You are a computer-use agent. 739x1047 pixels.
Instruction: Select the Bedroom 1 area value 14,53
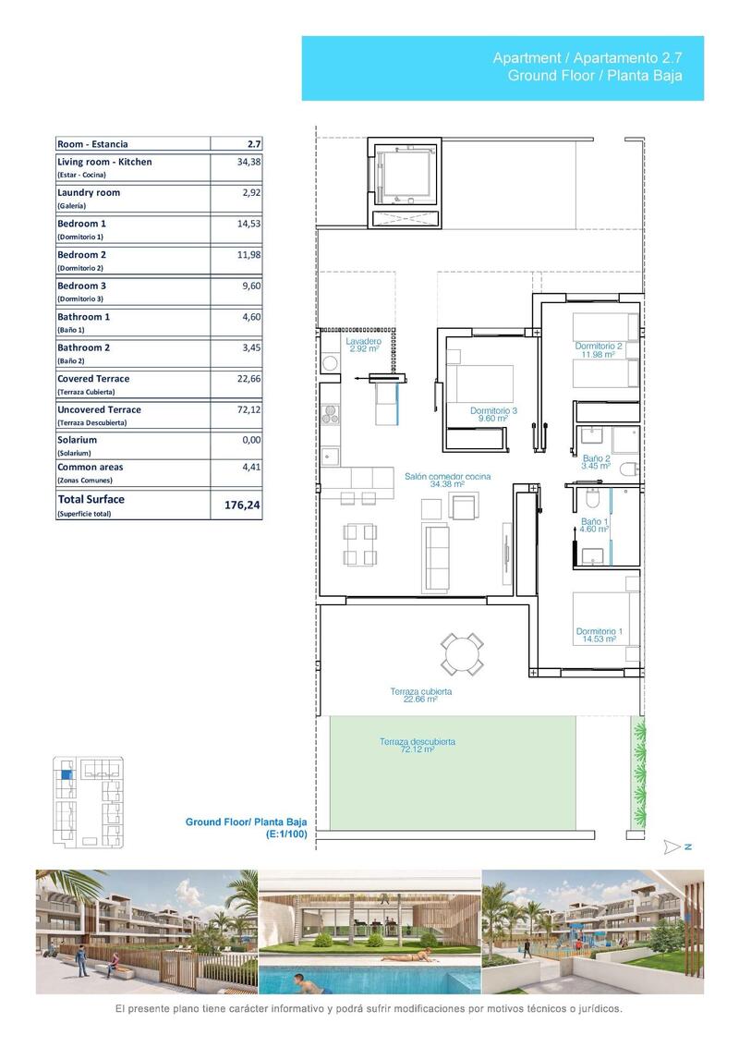(x=249, y=224)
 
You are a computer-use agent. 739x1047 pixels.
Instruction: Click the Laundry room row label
(x=89, y=193)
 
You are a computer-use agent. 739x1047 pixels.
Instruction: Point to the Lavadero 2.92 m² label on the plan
(x=364, y=345)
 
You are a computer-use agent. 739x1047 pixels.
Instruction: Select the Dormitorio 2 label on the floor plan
(x=599, y=350)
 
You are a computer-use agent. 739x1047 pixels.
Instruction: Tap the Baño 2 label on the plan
(x=596, y=462)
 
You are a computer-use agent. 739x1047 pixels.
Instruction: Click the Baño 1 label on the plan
(x=592, y=525)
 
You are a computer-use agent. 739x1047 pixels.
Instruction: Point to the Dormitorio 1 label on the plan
(x=599, y=635)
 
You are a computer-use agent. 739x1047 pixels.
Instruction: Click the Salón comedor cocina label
(x=447, y=480)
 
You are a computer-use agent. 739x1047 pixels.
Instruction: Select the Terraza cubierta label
(x=420, y=695)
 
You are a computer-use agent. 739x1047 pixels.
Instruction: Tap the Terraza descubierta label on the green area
(x=417, y=745)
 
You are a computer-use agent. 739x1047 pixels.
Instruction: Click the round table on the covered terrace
(x=460, y=653)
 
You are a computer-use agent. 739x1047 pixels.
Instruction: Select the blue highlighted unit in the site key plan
(x=65, y=775)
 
